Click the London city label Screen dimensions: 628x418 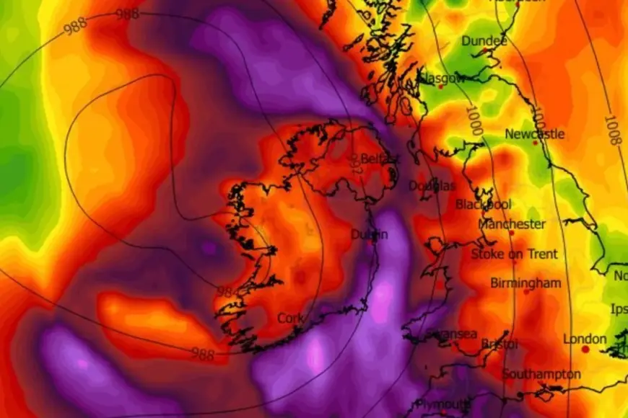(x=585, y=339)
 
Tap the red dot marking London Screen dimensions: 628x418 (x=585, y=350)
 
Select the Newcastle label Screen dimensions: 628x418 (x=535, y=134)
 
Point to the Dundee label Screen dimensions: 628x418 (x=484, y=41)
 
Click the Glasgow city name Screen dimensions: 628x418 (x=442, y=78)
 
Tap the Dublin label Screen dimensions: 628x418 (x=369, y=234)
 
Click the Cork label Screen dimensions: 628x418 (x=290, y=319)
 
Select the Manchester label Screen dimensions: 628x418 (x=512, y=224)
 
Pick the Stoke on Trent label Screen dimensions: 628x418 (x=515, y=254)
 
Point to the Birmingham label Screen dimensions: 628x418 (x=525, y=283)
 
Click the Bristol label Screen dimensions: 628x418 (x=500, y=344)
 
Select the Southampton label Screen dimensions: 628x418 (x=541, y=374)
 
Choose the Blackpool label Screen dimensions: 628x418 (x=484, y=205)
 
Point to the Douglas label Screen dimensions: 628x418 (x=432, y=186)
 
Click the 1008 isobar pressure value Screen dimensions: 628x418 (x=612, y=130)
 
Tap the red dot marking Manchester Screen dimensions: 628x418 (x=512, y=234)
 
